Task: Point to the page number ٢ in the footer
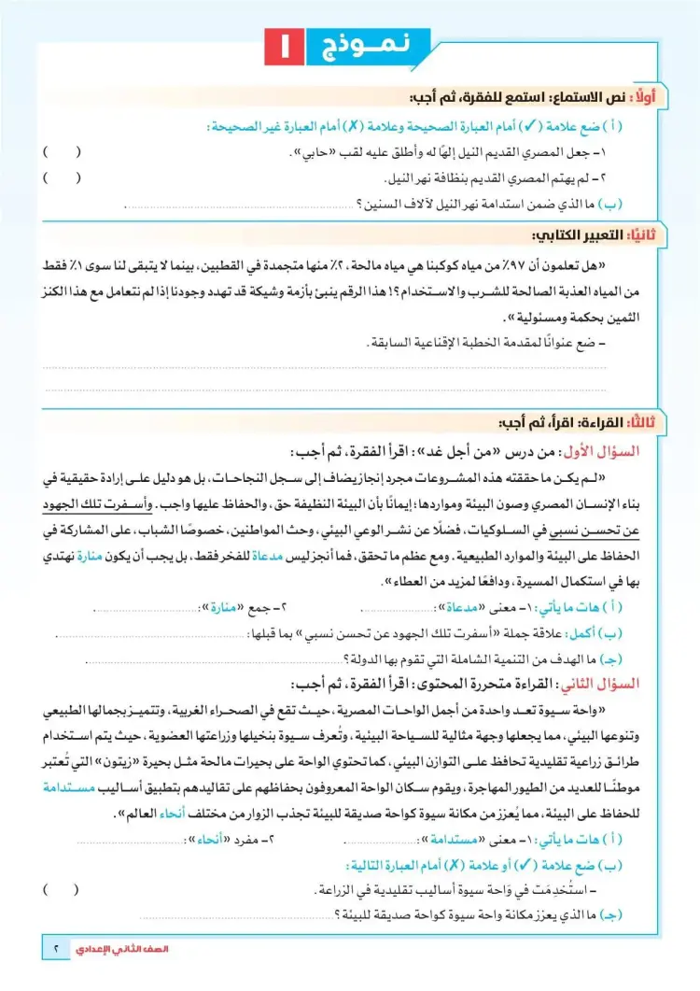[x=56, y=950]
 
